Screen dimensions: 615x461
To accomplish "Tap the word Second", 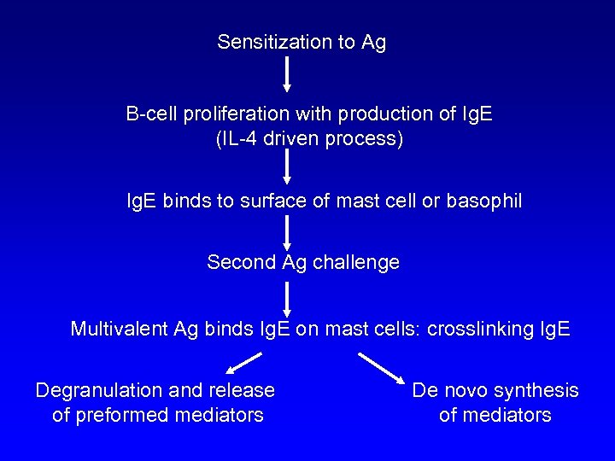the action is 241,262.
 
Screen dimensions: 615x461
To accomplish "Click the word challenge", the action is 355,262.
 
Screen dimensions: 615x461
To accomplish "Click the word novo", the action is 465,391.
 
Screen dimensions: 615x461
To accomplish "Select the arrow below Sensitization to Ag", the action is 287,75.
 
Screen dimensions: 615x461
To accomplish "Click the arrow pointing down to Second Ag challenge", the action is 287,231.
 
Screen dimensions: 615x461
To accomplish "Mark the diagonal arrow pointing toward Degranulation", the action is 243,365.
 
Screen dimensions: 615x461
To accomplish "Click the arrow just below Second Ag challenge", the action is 287,298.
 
